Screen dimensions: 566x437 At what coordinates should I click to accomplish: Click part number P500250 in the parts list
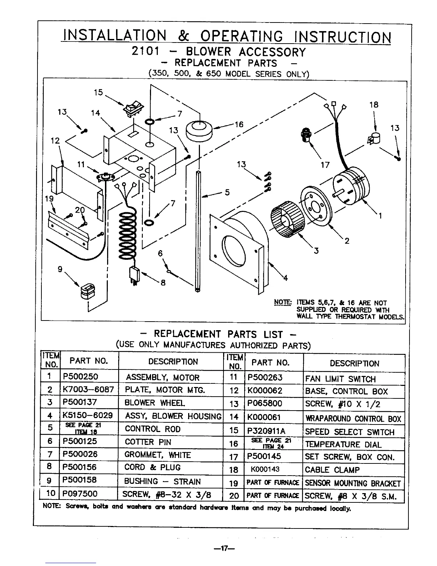(x=80, y=377)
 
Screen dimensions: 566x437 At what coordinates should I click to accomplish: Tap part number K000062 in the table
(x=264, y=391)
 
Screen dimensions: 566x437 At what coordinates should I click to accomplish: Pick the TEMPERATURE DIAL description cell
(x=343, y=445)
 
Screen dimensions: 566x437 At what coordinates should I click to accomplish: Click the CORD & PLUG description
(x=152, y=467)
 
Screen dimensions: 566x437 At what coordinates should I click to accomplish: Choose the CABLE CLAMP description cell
(x=332, y=470)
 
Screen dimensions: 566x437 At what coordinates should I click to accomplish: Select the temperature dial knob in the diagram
(x=199, y=130)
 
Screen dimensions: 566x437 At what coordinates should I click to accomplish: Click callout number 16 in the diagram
(x=238, y=124)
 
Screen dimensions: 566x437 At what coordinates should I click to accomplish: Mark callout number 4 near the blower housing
(x=285, y=278)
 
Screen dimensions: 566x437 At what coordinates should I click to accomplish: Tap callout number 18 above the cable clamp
(x=374, y=105)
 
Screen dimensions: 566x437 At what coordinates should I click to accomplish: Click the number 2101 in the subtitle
(x=145, y=51)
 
